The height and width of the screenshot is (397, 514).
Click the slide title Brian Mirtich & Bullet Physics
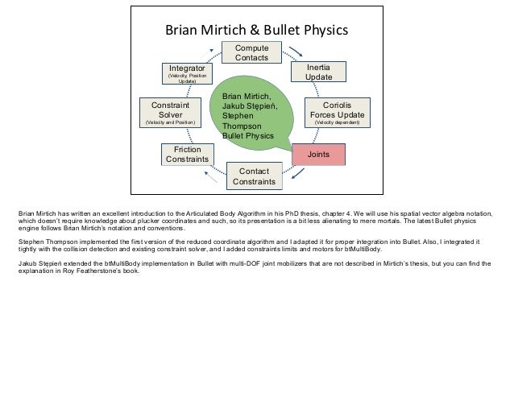tap(256, 31)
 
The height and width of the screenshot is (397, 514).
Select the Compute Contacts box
tap(252, 54)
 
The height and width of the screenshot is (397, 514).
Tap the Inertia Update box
tap(318, 71)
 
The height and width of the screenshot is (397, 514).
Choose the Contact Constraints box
tap(254, 176)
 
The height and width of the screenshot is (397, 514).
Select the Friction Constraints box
tap(187, 154)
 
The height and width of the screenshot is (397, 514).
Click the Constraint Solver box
tap(170, 114)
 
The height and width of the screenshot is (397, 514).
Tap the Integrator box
tap(186, 74)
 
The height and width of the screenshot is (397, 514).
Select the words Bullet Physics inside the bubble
tap(251, 136)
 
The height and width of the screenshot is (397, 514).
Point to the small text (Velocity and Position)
tap(170, 123)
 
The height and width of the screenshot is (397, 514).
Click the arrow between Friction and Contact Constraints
tap(213, 178)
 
